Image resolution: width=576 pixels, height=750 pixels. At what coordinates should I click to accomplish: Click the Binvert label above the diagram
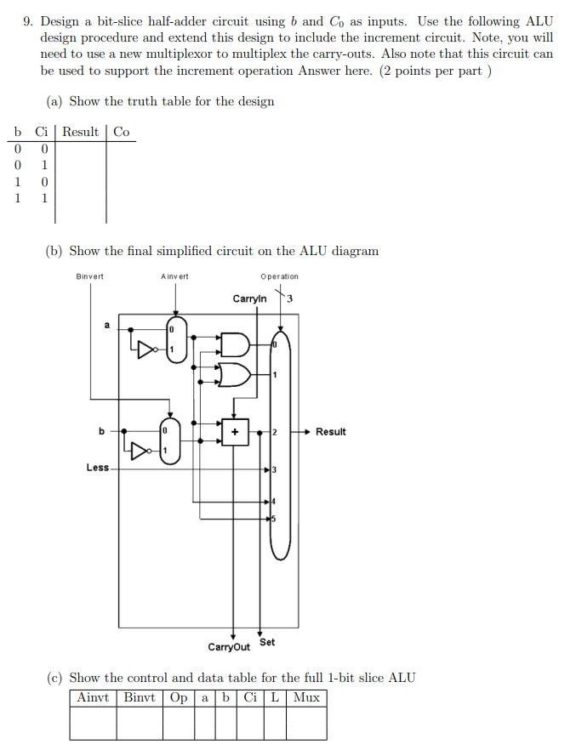point(89,276)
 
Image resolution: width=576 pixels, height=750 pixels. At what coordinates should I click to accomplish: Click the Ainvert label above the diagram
point(174,276)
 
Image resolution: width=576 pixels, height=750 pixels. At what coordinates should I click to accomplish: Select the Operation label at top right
point(280,276)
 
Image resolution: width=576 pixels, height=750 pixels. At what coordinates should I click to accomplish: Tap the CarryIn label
point(249,298)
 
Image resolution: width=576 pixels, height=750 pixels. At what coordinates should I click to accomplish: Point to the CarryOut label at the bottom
point(229,647)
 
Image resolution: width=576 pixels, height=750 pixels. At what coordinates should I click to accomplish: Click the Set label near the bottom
point(267,642)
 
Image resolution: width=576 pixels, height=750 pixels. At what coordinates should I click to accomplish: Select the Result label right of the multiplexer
point(330,432)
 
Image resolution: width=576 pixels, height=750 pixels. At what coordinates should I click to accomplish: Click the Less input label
point(98,468)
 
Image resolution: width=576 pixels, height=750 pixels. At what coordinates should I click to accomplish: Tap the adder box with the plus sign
point(234,431)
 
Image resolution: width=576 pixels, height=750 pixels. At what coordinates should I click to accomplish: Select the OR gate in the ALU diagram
point(234,373)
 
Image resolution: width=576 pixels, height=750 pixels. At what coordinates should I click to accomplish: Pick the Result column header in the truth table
point(81,132)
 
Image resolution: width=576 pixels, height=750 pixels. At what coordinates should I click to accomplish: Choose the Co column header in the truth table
point(122,132)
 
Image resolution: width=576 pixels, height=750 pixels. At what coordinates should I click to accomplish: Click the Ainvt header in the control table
point(93,698)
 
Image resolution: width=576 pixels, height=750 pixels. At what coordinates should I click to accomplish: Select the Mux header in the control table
point(305,698)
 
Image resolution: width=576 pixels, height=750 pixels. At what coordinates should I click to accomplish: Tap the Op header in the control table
point(179,698)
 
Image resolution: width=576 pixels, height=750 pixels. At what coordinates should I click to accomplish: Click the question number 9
point(28,20)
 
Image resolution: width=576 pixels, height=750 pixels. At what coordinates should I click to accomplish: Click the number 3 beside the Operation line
point(290,298)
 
